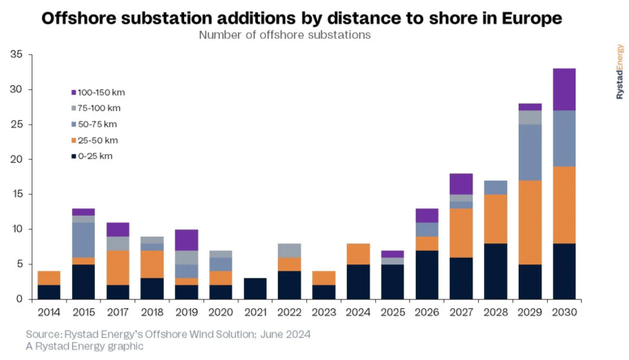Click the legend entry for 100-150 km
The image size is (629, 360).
(x=101, y=92)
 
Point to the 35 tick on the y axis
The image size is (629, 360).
(x=16, y=54)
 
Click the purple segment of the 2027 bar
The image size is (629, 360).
(x=460, y=184)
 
